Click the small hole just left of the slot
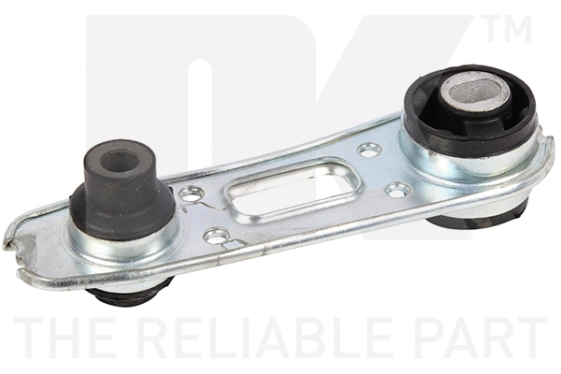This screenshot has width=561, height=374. click(194, 194)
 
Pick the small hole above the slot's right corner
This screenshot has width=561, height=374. click(369, 149)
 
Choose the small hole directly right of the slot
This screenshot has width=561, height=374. click(397, 189)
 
